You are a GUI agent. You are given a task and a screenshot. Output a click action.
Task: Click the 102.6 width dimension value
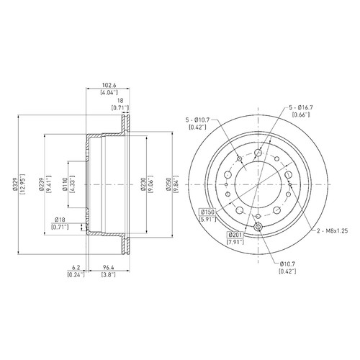pos(109,85)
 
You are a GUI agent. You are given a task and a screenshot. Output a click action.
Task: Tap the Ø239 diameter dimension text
pos(41,184)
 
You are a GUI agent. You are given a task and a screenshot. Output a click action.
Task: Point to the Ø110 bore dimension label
pos(65,184)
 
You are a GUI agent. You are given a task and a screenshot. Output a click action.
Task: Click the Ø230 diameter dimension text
pos(143,184)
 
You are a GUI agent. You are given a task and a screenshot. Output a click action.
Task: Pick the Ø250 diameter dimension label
pos(168,184)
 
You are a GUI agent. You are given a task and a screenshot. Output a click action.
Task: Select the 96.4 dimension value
pos(109,267)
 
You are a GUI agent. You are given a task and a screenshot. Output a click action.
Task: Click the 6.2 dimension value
pos(76,267)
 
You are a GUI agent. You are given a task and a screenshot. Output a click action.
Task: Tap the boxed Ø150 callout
pos(207,212)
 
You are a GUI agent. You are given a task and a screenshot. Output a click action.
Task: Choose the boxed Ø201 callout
pos(235,235)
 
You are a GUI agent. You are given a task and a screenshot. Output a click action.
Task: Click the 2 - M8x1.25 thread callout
pos(332,231)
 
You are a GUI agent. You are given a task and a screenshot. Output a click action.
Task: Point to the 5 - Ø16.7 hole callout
pos(301,107)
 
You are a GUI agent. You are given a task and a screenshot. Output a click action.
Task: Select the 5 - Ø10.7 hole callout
pos(198,120)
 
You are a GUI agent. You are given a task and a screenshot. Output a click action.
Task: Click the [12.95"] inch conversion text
pos(23,184)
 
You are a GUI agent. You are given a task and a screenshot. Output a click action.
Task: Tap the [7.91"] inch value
pos(235,242)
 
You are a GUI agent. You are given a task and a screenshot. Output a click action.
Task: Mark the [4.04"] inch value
pos(109,92)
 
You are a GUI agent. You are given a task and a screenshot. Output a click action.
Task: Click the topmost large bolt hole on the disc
pos(258,153)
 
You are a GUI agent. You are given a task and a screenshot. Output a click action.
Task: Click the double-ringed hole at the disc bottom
pos(258,227)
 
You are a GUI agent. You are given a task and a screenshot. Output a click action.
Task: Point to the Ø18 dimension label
pos(60,220)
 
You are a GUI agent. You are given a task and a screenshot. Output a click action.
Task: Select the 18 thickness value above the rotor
pos(120,101)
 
